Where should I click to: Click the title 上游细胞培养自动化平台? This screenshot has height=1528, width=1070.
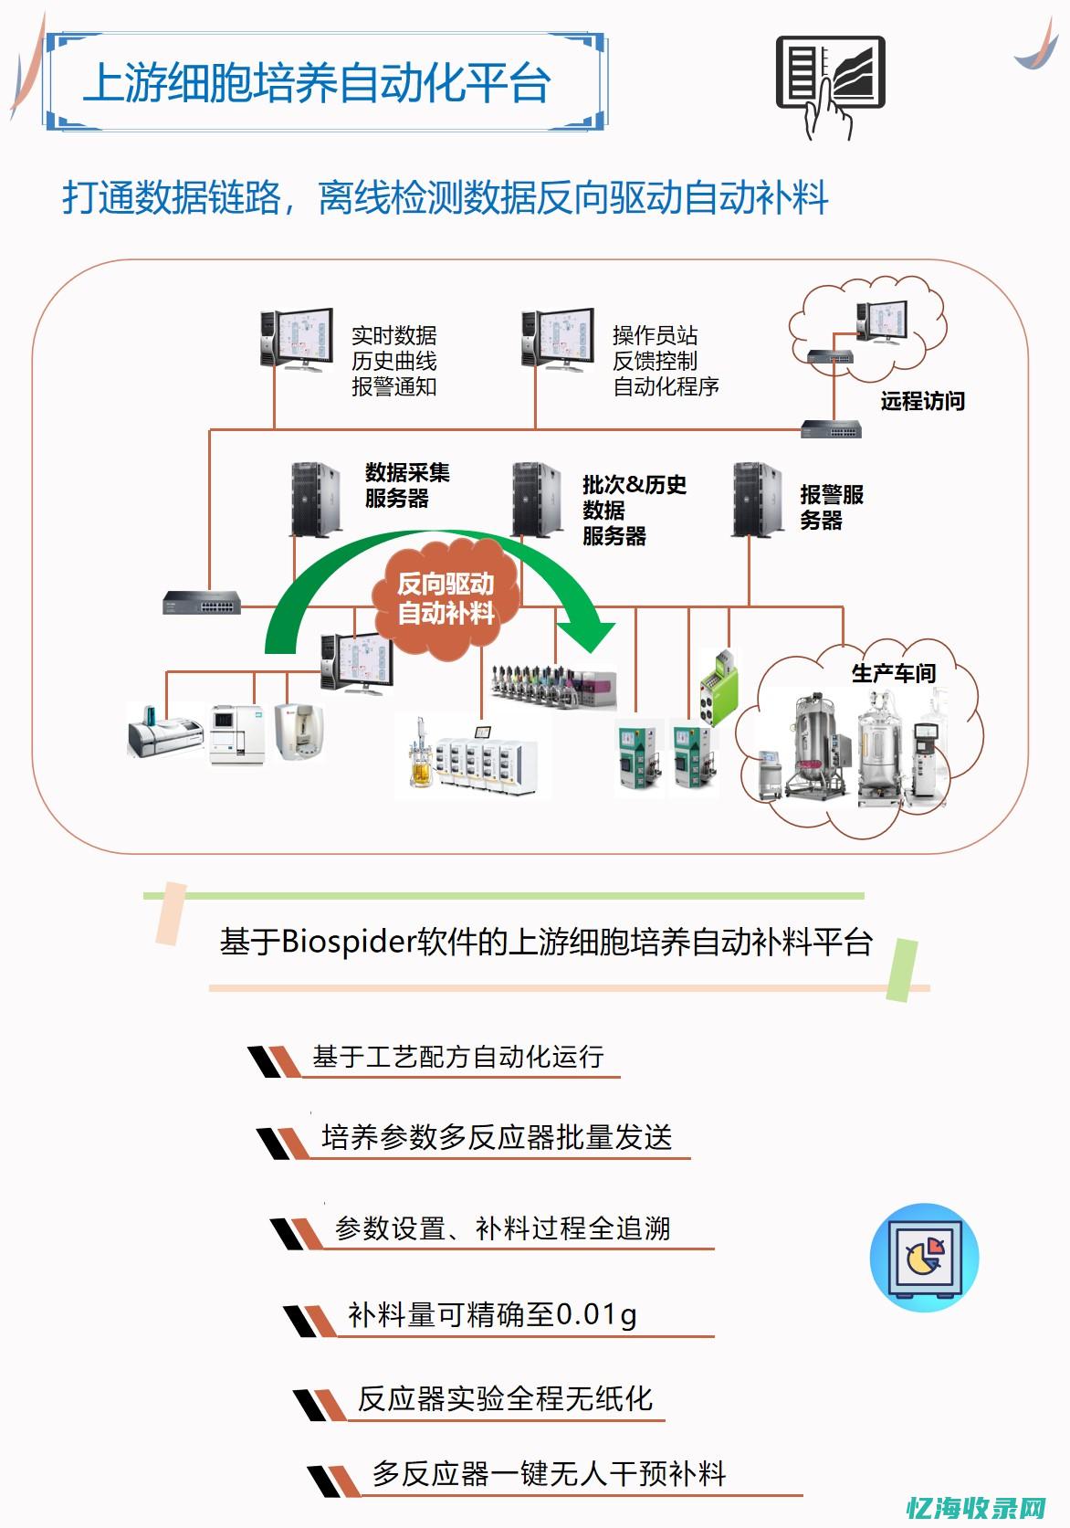click(317, 83)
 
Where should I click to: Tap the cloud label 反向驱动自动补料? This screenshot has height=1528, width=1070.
click(446, 598)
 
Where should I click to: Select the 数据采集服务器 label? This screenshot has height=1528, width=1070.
click(406, 485)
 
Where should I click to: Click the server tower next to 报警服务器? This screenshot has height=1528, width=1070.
click(757, 500)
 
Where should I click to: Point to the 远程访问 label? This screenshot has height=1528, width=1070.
click(922, 401)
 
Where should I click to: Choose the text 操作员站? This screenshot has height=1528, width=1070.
click(655, 335)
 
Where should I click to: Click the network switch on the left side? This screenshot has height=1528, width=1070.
click(202, 602)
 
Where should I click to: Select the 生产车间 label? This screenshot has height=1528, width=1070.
click(893, 673)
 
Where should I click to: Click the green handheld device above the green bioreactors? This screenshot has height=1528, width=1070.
click(719, 687)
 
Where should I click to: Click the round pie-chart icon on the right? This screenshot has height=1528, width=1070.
click(924, 1257)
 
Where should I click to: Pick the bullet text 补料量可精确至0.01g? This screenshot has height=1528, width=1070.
click(492, 1314)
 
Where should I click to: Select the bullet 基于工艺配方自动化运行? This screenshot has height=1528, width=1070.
click(457, 1057)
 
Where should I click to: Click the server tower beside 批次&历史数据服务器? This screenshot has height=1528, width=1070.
click(535, 500)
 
